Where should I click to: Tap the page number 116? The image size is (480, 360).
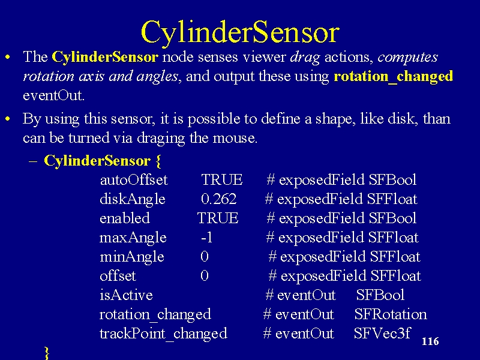[430, 341]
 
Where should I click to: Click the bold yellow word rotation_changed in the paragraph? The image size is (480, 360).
[394, 76]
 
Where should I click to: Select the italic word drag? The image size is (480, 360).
[305, 58]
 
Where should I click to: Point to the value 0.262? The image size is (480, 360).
[218, 199]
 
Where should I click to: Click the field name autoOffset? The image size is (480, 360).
[134, 179]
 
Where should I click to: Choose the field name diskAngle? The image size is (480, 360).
[133, 200]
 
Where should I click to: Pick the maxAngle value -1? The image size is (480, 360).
[206, 237]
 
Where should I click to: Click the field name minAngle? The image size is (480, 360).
[132, 257]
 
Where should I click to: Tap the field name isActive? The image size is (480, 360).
[126, 295]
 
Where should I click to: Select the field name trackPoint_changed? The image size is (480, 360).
[163, 334]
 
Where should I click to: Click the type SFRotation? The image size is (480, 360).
[391, 314]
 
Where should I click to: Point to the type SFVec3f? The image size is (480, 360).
[382, 333]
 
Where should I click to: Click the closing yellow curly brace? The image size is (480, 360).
[47, 353]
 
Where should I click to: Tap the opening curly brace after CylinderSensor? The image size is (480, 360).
[158, 161]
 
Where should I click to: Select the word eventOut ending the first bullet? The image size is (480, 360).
[53, 95]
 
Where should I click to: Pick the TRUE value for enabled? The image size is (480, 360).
[218, 218]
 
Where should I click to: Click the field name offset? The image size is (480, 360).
[118, 275]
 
